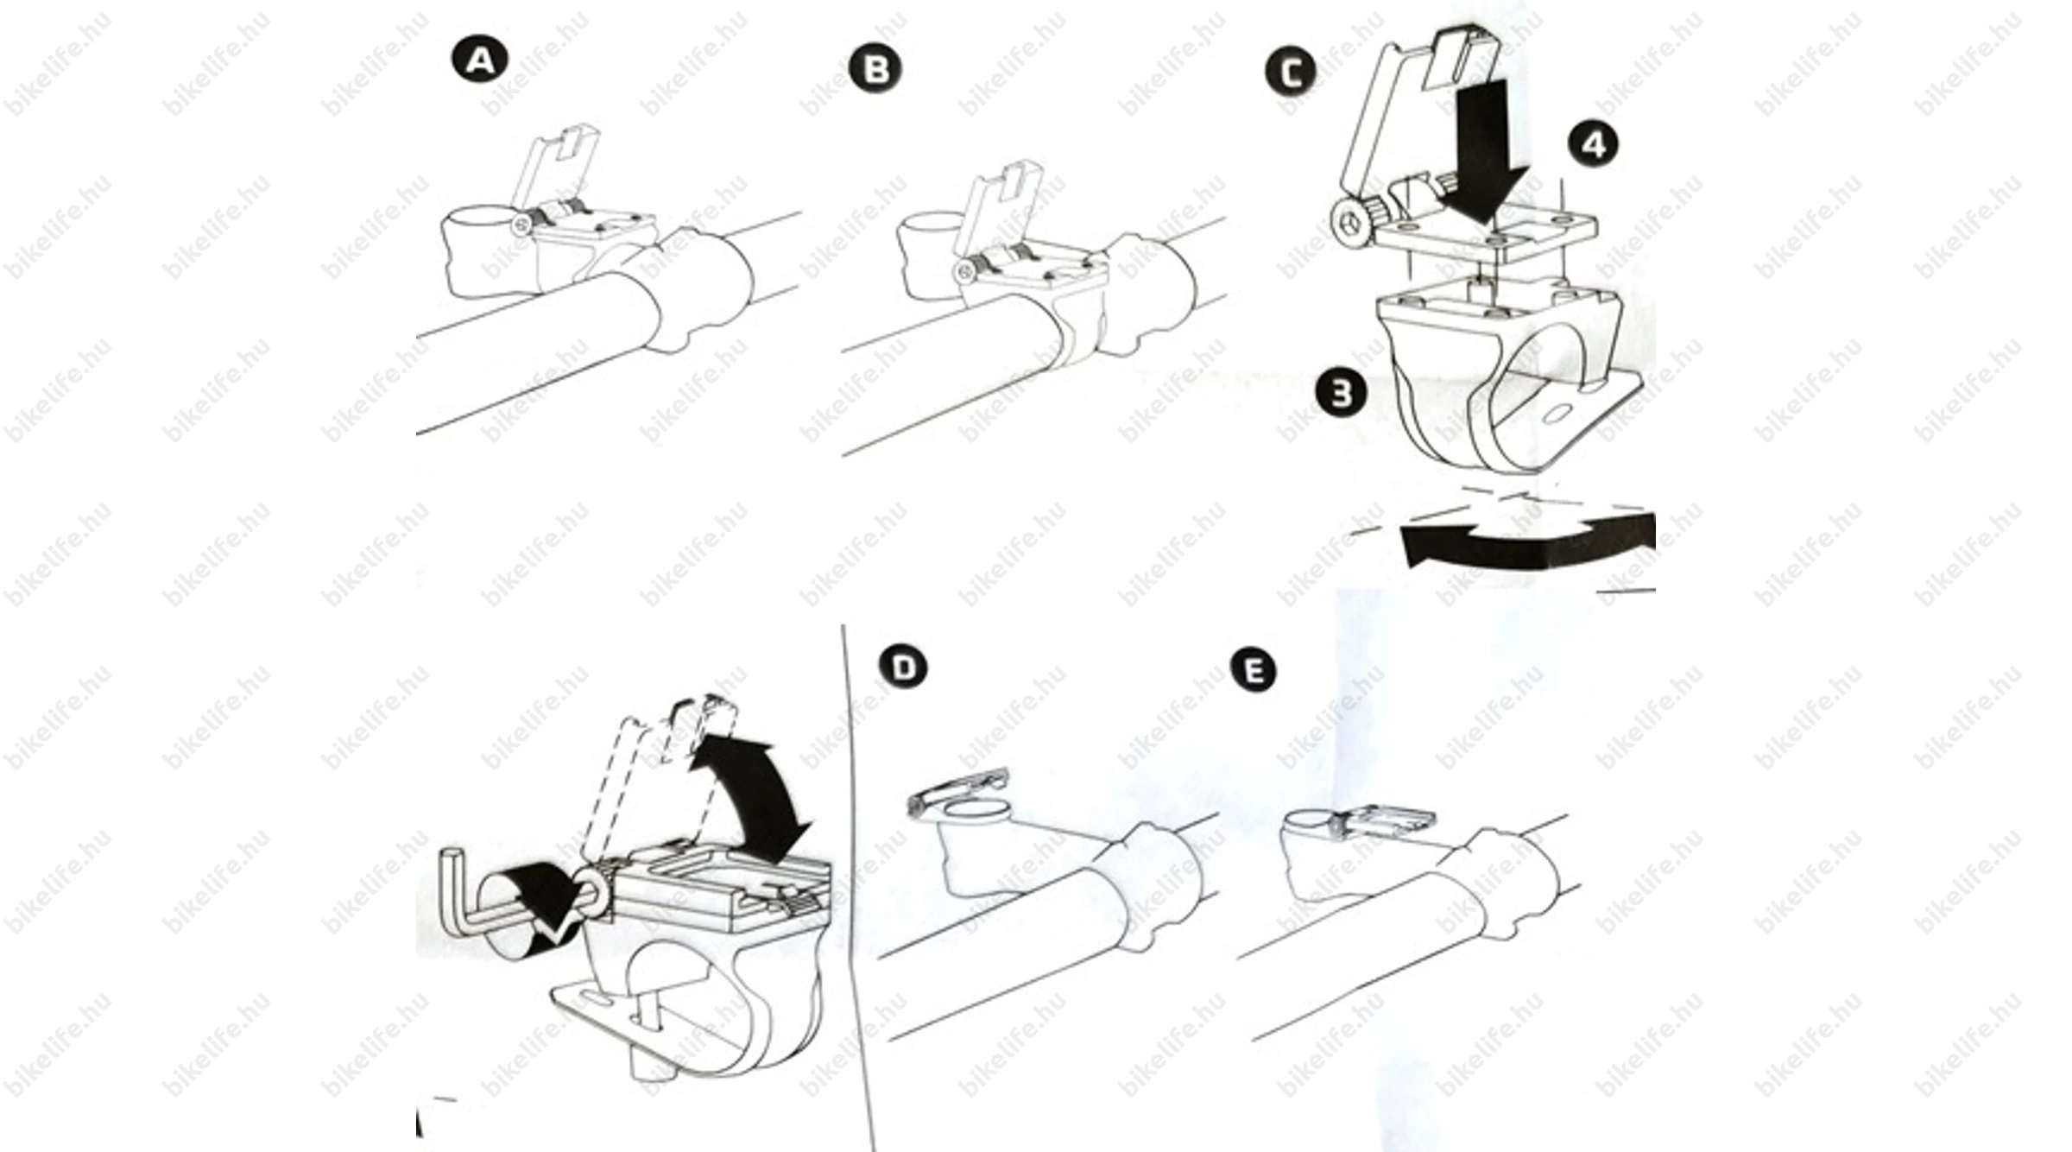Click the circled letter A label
[x=480, y=60]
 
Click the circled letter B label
[x=875, y=68]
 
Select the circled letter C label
[x=1291, y=71]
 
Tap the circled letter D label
[x=903, y=668]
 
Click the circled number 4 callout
[x=1594, y=143]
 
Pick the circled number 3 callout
[x=1341, y=394]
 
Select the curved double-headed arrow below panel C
[x=1528, y=540]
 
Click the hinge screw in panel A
[x=521, y=226]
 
